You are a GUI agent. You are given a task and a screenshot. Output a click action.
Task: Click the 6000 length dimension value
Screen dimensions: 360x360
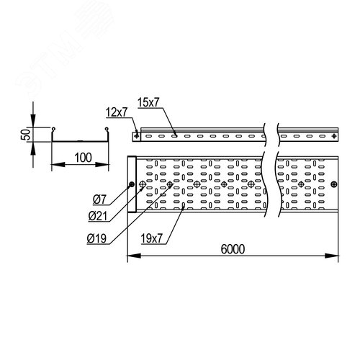233,249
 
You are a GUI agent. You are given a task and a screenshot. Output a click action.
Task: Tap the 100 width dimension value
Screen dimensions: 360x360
83,158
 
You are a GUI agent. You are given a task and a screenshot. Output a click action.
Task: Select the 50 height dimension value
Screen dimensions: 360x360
26,135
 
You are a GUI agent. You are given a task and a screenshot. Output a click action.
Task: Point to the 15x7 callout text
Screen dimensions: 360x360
148,102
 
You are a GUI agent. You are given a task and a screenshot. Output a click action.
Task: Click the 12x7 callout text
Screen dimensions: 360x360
117,112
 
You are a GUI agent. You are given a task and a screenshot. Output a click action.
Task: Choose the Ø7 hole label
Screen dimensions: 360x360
99,199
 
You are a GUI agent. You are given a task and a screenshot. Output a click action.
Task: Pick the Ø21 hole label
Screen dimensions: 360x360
97,217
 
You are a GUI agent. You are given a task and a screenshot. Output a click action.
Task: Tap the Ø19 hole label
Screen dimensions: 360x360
96,238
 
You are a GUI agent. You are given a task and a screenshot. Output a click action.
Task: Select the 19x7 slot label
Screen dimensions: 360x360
152,238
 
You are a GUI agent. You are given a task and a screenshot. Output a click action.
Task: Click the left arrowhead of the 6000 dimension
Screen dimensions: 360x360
134,256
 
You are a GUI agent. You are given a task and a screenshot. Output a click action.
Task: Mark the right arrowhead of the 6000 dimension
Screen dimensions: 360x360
331,256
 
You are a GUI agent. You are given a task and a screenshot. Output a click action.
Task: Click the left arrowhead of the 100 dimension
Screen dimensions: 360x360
58,165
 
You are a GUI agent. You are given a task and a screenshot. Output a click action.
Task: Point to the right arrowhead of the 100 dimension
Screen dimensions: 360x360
102,165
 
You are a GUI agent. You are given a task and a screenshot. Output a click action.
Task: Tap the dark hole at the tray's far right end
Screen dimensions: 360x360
334,184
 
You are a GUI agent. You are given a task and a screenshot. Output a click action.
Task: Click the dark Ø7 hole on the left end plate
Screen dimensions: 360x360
131,184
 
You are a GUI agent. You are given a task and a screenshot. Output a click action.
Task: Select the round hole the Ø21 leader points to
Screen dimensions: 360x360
143,184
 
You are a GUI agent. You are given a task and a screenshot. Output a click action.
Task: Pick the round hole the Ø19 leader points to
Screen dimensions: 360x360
170,184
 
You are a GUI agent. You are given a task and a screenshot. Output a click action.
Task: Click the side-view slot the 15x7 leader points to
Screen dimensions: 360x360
174,136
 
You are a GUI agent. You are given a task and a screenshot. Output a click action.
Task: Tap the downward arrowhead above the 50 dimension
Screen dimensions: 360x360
33,121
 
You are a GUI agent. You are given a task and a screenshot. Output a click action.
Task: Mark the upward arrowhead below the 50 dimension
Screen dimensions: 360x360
33,148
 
